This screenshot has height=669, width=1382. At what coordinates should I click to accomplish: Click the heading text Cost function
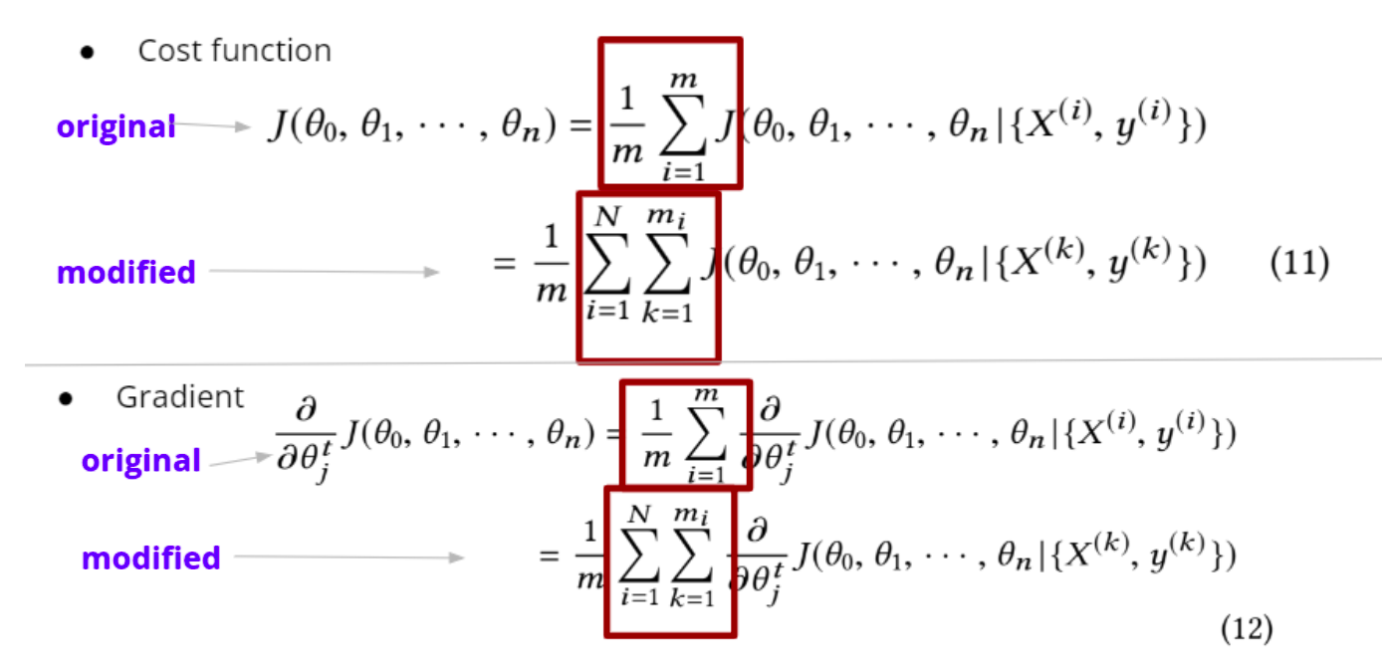[234, 51]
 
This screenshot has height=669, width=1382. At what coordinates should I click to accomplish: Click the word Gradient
[179, 397]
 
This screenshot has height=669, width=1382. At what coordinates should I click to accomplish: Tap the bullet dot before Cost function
[87, 53]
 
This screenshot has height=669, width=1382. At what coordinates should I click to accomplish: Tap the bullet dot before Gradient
[66, 399]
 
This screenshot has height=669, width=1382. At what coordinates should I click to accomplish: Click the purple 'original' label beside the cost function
[115, 127]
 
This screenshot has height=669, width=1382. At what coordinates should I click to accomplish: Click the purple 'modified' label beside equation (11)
[126, 272]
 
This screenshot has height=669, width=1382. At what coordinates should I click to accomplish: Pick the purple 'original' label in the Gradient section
[141, 461]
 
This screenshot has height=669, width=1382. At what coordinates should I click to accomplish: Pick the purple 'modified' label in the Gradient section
[150, 557]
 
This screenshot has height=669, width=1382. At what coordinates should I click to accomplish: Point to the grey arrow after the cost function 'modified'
[323, 272]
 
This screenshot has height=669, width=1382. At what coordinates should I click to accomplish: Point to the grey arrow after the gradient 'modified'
[348, 557]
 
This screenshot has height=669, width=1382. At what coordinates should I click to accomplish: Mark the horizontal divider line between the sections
[697, 362]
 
